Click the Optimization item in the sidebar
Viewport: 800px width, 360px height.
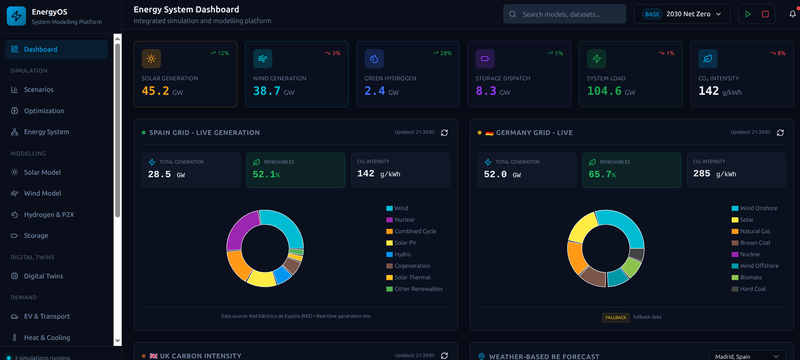click(44, 111)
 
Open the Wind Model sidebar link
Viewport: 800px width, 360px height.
click(42, 193)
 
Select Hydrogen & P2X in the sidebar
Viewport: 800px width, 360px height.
click(49, 214)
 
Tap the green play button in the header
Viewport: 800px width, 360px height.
click(748, 14)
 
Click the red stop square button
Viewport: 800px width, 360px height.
click(765, 14)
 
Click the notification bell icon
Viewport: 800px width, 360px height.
click(792, 14)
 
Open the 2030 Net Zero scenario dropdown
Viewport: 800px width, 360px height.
click(682, 14)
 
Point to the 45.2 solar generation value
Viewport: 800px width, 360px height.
click(155, 91)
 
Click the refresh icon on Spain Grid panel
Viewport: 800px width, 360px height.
click(444, 133)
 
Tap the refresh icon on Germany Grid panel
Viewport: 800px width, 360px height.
click(780, 133)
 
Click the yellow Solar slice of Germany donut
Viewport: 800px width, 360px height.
click(581, 227)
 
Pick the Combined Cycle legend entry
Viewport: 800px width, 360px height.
click(415, 231)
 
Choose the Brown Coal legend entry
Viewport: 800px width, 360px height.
click(755, 243)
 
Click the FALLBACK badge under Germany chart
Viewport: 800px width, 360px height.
click(616, 317)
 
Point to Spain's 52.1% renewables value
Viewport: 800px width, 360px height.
click(266, 174)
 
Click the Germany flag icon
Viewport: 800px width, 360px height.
click(489, 133)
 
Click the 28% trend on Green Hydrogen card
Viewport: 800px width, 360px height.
click(442, 53)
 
